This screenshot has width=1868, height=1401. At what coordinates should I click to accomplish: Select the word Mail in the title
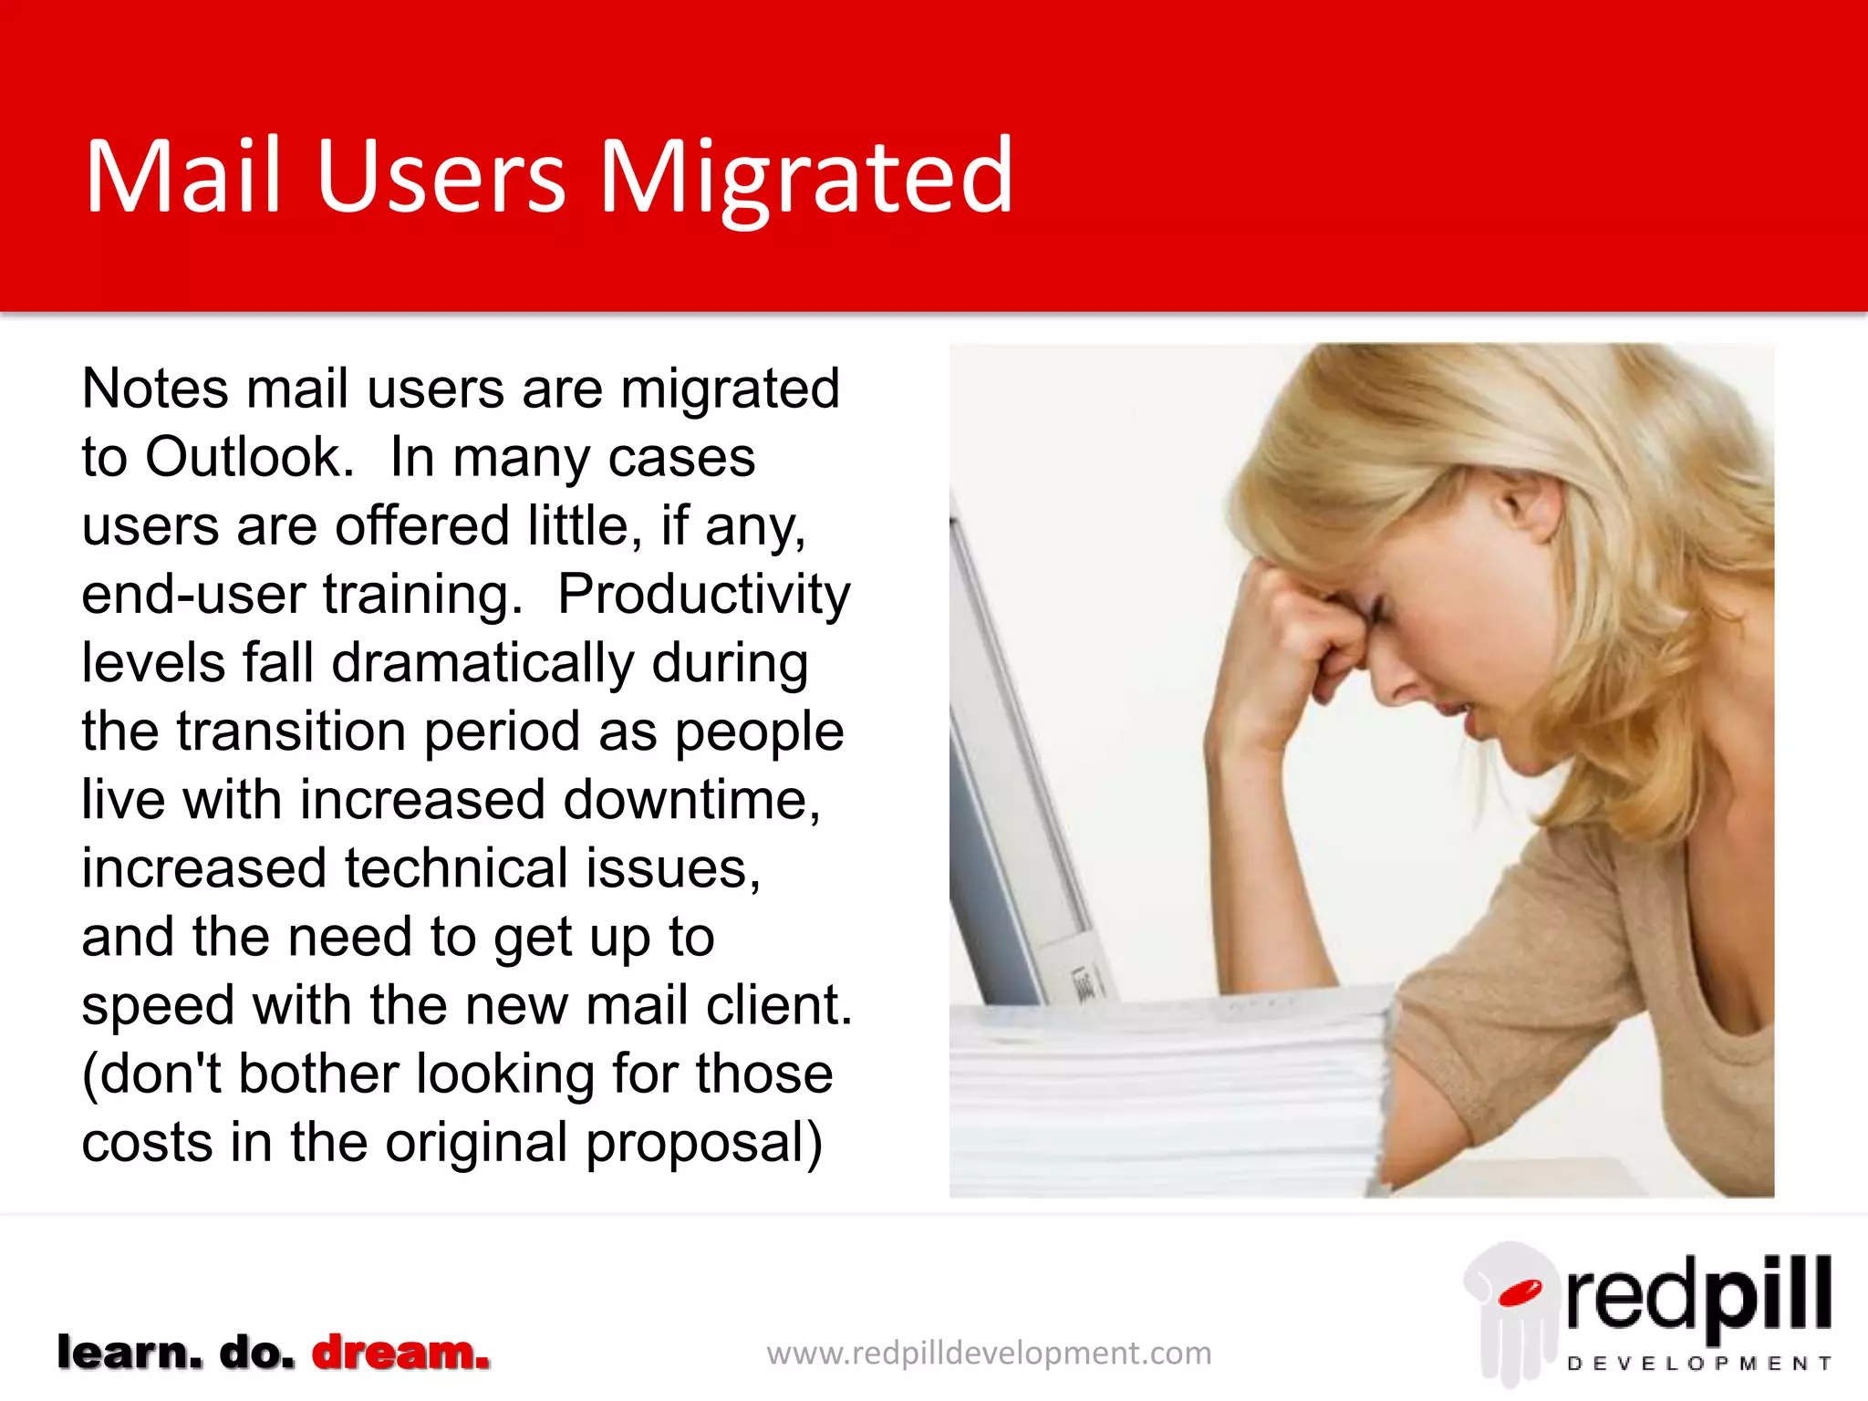pos(182,177)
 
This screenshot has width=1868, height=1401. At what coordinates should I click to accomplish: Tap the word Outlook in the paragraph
pos(248,457)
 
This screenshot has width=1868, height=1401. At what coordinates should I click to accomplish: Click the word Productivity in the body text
pos(703,595)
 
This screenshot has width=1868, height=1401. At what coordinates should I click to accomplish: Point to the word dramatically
pos(483,663)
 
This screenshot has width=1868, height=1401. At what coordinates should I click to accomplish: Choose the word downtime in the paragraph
pos(691,800)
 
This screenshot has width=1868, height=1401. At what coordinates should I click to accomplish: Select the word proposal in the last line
pos(703,1143)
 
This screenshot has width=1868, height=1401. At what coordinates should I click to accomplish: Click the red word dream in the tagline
pos(400,1353)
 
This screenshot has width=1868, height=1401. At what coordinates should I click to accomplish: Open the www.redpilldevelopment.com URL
pos(989,1354)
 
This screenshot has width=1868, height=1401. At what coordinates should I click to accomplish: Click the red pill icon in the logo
pos(1519,1292)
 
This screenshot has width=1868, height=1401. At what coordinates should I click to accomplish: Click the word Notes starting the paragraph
pos(155,389)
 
